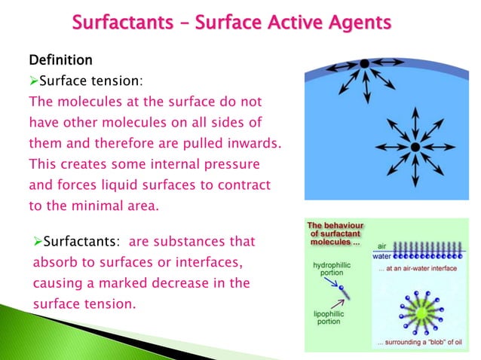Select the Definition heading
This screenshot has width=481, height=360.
(61, 59)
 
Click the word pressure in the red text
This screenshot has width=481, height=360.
(230, 163)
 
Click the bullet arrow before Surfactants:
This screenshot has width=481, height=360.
(38, 243)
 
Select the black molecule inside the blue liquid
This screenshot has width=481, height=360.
(415, 145)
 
